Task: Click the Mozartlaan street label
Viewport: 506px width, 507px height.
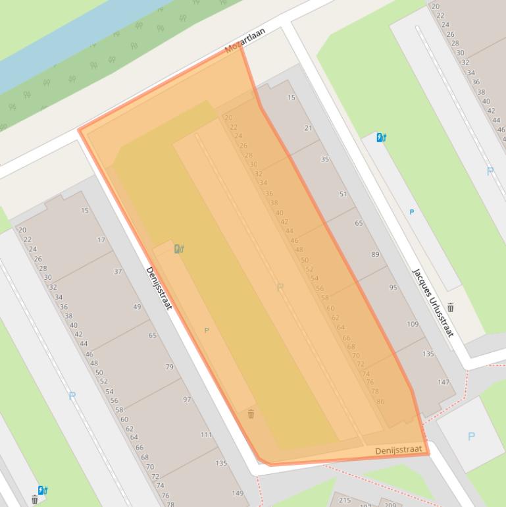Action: [245, 40]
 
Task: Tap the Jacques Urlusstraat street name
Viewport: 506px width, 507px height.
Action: [432, 302]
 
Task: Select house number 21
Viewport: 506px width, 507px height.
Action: [308, 128]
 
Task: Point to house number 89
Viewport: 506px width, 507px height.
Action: [375, 254]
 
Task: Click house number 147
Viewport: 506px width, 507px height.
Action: [443, 382]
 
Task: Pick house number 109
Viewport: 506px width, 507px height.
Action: [413, 324]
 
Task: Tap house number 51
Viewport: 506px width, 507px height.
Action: [343, 194]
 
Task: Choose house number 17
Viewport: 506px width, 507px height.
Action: [101, 240]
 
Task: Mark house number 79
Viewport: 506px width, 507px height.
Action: [170, 367]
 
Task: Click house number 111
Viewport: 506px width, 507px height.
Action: [206, 435]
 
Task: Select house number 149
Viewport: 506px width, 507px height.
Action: [238, 493]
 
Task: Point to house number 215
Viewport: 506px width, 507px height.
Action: [344, 500]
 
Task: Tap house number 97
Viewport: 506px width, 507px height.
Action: [187, 400]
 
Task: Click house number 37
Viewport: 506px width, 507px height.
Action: [118, 271]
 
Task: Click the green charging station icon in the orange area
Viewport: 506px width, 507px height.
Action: [179, 248]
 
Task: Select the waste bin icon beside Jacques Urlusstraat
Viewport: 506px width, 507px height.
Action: [451, 307]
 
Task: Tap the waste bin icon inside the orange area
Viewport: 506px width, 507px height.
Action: [251, 414]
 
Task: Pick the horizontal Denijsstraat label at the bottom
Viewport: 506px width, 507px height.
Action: [397, 450]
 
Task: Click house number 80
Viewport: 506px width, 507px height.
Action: [380, 402]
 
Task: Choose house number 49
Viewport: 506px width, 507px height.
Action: [137, 307]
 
